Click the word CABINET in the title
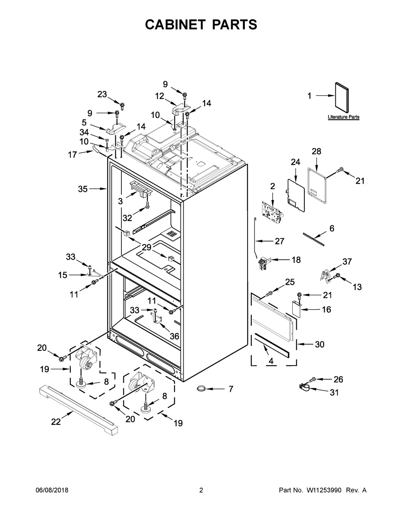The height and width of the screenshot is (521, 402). tap(175, 25)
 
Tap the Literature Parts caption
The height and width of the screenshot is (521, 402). tap(343, 117)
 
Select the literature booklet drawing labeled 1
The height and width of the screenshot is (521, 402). tap(342, 97)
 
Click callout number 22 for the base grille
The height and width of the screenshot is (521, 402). tap(56, 422)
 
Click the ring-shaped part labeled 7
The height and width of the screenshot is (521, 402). tap(201, 388)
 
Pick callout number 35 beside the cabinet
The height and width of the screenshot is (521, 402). tap(83, 189)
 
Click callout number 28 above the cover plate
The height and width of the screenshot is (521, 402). tap(316, 151)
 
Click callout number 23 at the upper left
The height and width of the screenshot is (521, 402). tap(102, 95)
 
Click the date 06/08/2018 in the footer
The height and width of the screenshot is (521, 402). tap(52, 490)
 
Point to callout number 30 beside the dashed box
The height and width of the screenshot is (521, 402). tap(320, 344)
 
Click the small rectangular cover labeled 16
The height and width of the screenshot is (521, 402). tap(296, 309)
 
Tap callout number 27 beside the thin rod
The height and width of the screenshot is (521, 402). tap(279, 241)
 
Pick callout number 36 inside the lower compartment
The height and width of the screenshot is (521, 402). tap(174, 336)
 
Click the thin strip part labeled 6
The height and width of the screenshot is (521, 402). tap(314, 239)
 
